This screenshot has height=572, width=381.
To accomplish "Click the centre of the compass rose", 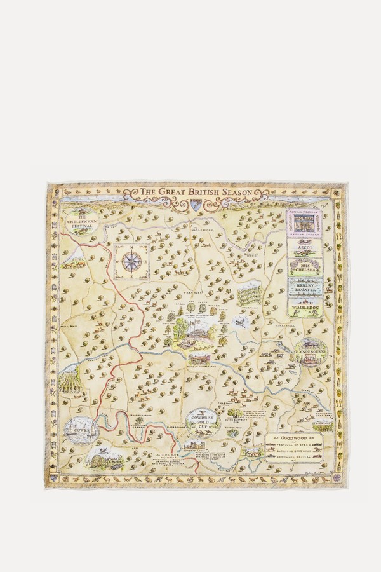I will [x=131, y=261].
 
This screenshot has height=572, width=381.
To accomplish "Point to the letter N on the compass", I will [x=131, y=247].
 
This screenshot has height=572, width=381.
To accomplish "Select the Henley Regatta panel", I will [x=305, y=288].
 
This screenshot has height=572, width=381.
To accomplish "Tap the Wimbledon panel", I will [x=305, y=308].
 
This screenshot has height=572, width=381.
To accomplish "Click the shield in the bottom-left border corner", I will [x=54, y=477].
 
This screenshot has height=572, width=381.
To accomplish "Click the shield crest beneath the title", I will [x=196, y=204].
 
